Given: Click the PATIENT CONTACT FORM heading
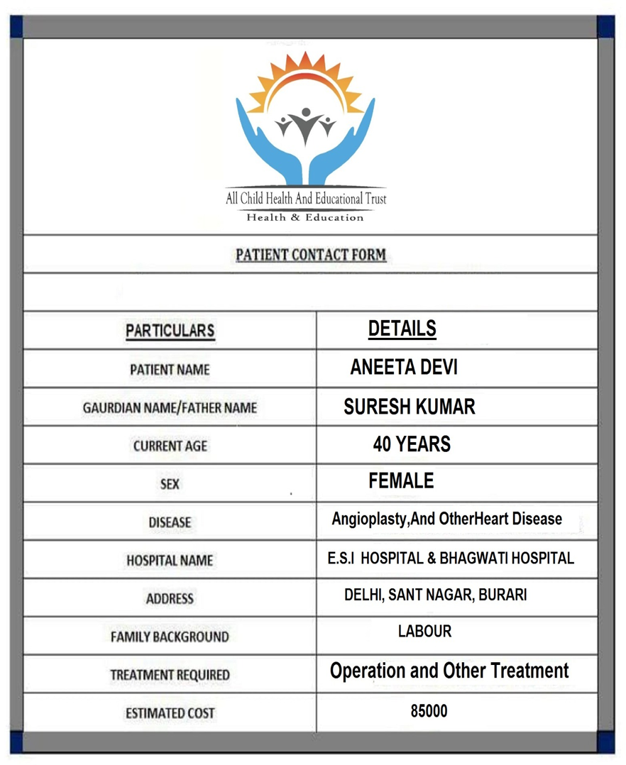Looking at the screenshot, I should pyautogui.click(x=311, y=255).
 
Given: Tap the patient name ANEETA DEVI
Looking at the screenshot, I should pyautogui.click(x=403, y=368).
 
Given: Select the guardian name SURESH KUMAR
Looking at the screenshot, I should pyautogui.click(x=409, y=407).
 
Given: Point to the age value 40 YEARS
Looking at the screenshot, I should pyautogui.click(x=412, y=444).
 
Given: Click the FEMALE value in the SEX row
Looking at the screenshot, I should pyautogui.click(x=401, y=481).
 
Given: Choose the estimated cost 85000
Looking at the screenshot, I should pyautogui.click(x=429, y=711).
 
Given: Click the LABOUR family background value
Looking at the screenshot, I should pyautogui.click(x=424, y=631).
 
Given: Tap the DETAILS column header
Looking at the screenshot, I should pyautogui.click(x=402, y=329).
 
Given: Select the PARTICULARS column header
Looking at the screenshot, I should pyautogui.click(x=170, y=331).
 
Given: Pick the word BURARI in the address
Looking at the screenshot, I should pyautogui.click(x=503, y=595).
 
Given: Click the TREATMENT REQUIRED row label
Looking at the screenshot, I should pyautogui.click(x=170, y=675).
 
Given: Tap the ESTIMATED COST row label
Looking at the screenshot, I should pyautogui.click(x=170, y=713).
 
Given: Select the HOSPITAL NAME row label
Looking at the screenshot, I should pyautogui.click(x=170, y=560).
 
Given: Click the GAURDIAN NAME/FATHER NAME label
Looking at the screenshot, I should pyautogui.click(x=170, y=408).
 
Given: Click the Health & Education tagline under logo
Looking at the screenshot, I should pyautogui.click(x=305, y=217).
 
